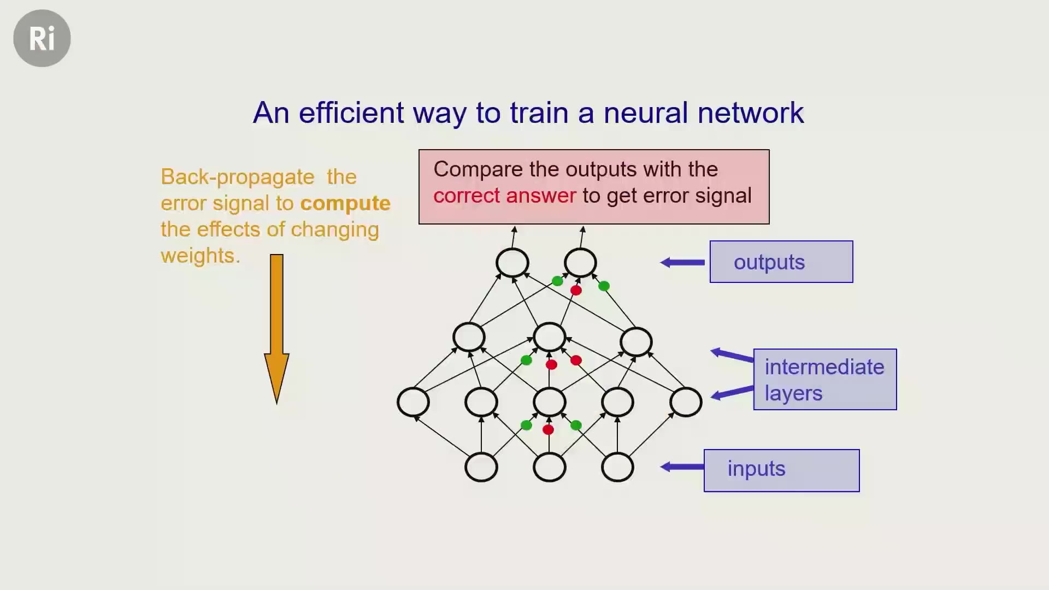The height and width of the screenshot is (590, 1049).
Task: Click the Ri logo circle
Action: pyautogui.click(x=42, y=38)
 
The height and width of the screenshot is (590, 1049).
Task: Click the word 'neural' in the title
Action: pyautogui.click(x=645, y=113)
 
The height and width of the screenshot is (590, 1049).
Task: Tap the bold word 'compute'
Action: pyautogui.click(x=345, y=204)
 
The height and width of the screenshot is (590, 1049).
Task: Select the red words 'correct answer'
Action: pyautogui.click(x=504, y=196)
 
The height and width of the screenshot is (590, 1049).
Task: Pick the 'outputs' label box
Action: pyautogui.click(x=781, y=262)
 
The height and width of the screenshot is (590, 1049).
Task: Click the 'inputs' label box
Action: pyautogui.click(x=781, y=470)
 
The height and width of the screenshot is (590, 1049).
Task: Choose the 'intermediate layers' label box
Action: pyautogui.click(x=825, y=379)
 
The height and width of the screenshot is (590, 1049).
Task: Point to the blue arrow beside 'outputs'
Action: pyautogui.click(x=682, y=263)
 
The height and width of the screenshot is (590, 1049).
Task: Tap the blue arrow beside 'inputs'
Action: pyautogui.click(x=682, y=467)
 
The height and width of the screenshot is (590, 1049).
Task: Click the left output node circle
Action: pyautogui.click(x=512, y=263)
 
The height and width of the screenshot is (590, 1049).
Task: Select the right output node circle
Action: pyautogui.click(x=580, y=263)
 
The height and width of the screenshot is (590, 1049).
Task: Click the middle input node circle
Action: pyautogui.click(x=550, y=467)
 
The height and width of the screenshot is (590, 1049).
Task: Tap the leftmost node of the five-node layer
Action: pyautogui.click(x=414, y=402)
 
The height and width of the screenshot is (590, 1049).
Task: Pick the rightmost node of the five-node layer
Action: pyautogui.click(x=686, y=402)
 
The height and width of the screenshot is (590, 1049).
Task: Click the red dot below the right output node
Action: pyautogui.click(x=576, y=290)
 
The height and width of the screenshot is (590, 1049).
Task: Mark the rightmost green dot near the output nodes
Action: pyautogui.click(x=604, y=286)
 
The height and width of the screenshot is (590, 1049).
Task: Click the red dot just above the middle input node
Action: pyautogui.click(x=549, y=430)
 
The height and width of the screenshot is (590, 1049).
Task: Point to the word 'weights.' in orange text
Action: pyautogui.click(x=201, y=256)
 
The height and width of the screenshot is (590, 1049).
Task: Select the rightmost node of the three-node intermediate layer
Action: pyautogui.click(x=637, y=342)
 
